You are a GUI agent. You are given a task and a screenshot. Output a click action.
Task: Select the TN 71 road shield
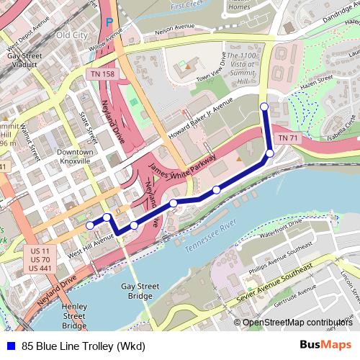pyautogui.click(x=287, y=138)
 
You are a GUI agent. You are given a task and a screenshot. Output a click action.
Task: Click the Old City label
pyautogui.click(x=72, y=35)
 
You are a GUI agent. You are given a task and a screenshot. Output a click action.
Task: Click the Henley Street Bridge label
pyautogui.click(x=74, y=310)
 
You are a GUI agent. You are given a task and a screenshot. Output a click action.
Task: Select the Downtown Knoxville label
pyautogui.click(x=76, y=156)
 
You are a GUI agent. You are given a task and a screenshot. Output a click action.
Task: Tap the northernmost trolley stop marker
pyautogui.click(x=264, y=107)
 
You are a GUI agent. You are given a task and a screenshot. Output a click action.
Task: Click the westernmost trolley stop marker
pyautogui.click(x=90, y=225)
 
